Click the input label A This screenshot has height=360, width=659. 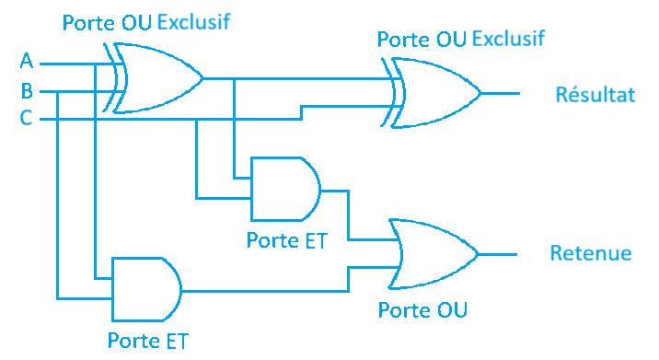coord(27,62)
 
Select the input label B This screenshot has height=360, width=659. coord(27,90)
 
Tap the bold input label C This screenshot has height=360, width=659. coord(27,118)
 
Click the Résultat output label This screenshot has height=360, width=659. coord(595,94)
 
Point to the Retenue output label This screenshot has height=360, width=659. coord(590,253)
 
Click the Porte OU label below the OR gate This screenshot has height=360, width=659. coord(422,309)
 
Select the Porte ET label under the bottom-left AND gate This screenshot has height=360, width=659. coord(147,341)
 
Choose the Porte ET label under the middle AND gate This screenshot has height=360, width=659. coord(286,241)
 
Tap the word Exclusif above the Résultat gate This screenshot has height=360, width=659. coord(508,39)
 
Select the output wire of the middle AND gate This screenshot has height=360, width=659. coord(335,192)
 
